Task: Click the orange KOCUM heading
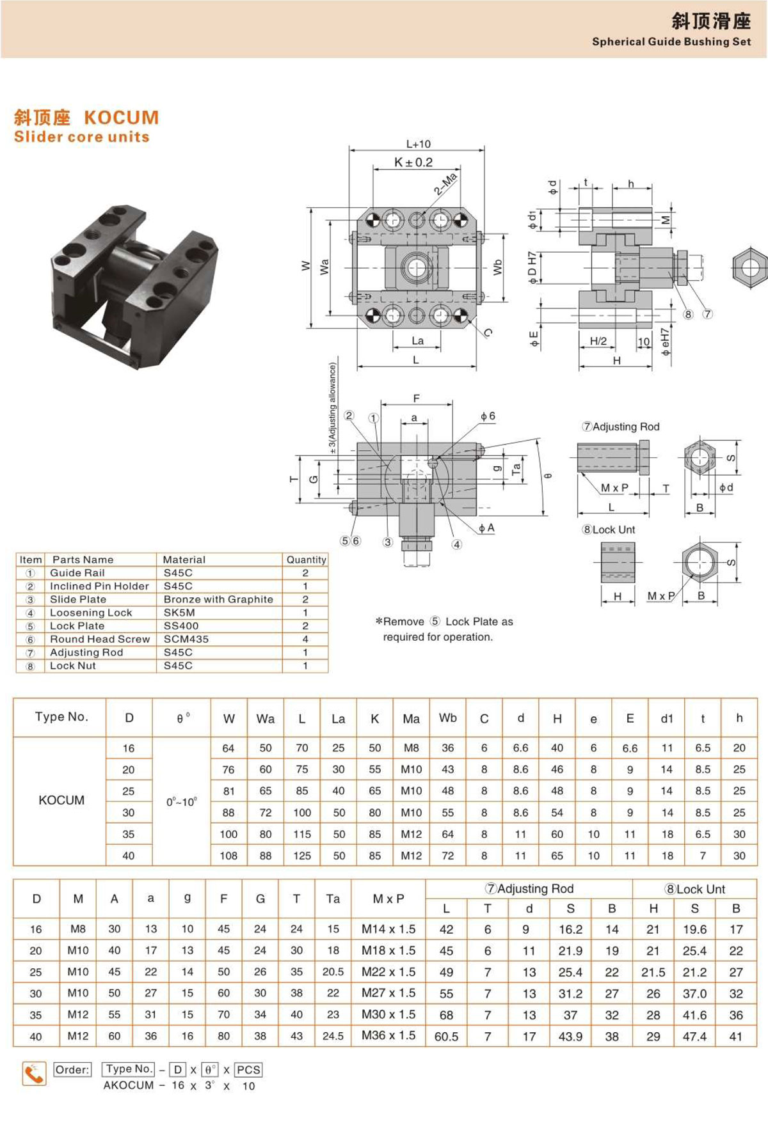pyautogui.click(x=122, y=118)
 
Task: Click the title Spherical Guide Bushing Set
pyautogui.click(x=671, y=42)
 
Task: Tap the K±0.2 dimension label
pyautogui.click(x=413, y=162)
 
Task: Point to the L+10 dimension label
pyautogui.click(x=419, y=144)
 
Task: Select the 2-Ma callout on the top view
pyautogui.click(x=445, y=184)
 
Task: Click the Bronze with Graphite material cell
pyautogui.click(x=218, y=599)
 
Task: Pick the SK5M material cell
pyautogui.click(x=179, y=613)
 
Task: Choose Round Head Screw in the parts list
pyautogui.click(x=100, y=639)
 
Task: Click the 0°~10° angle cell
pyautogui.click(x=182, y=801)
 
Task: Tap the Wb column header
pyautogui.click(x=448, y=718)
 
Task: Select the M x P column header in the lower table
pyautogui.click(x=388, y=899)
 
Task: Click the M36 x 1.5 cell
pyautogui.click(x=388, y=1035)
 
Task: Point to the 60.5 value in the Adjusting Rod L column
pyautogui.click(x=446, y=1036)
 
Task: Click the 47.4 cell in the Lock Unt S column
pyautogui.click(x=694, y=1036)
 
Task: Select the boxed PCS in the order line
pyautogui.click(x=248, y=1069)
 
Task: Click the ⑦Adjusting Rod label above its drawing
pyautogui.click(x=620, y=427)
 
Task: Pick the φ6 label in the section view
pyautogui.click(x=488, y=416)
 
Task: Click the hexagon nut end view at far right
pyautogui.click(x=749, y=266)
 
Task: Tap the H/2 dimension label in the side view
pyautogui.click(x=598, y=341)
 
